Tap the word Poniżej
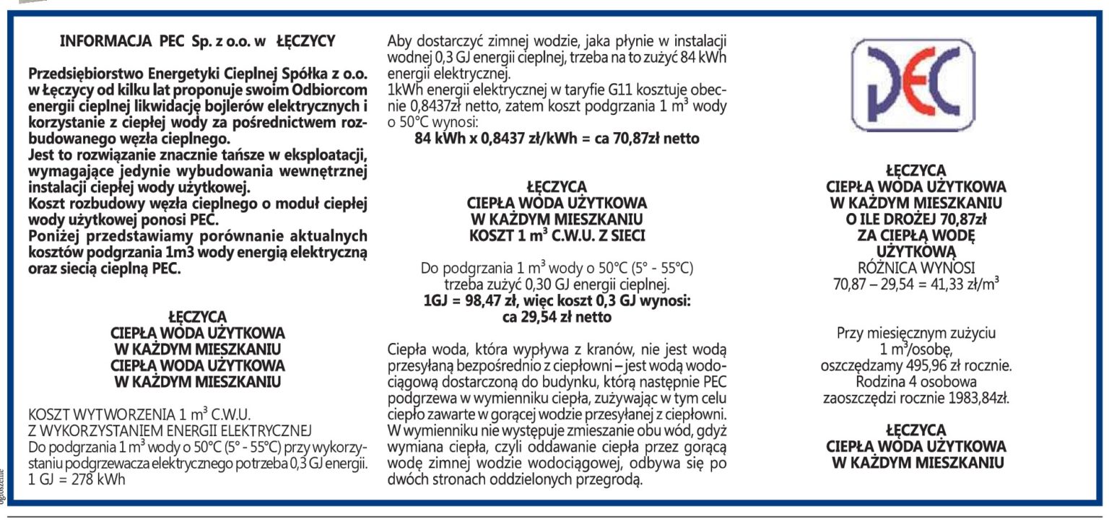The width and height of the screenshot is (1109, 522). point(53,236)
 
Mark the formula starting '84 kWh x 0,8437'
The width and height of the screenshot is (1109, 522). point(557,139)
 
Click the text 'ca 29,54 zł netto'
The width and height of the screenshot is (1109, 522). point(557,317)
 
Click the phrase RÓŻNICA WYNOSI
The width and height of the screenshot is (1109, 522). point(916,267)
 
